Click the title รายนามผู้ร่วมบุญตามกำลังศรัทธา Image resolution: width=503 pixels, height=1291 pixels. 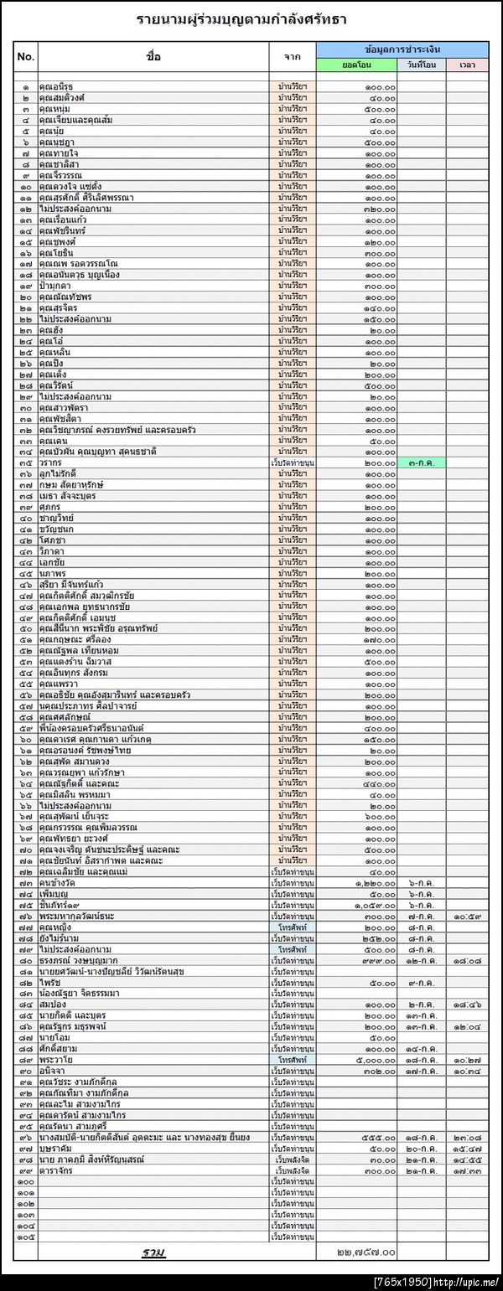(241, 18)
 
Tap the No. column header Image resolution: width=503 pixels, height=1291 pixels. (26, 57)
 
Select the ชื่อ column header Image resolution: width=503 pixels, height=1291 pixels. (153, 57)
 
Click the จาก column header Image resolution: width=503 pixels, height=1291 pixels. (293, 57)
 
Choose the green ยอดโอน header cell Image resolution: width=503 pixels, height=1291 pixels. (357, 65)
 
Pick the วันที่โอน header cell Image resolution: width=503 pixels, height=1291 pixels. (422, 65)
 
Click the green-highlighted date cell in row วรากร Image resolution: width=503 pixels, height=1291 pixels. (422, 462)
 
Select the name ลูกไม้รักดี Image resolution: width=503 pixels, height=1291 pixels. (60, 473)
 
